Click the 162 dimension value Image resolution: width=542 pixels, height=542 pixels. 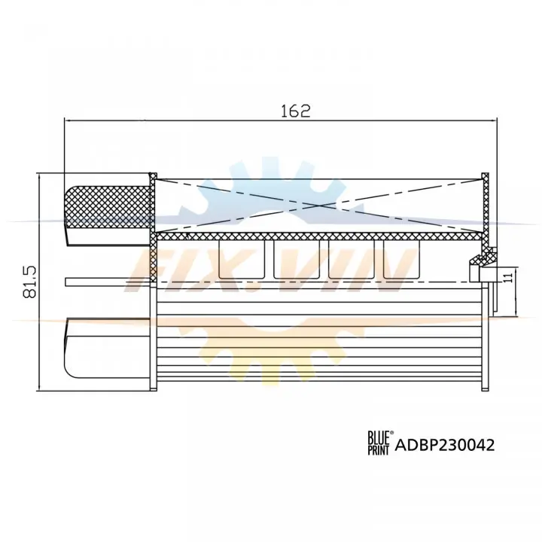point(295,111)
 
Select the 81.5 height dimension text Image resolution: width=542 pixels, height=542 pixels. point(29,282)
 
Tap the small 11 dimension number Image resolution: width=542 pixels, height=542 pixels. point(507,278)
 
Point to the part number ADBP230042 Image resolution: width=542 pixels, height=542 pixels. point(445,445)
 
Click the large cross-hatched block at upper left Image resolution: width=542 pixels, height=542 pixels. point(108,207)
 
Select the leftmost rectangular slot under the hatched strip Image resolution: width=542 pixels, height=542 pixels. point(242,259)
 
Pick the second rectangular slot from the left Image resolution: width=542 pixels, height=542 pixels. point(297,259)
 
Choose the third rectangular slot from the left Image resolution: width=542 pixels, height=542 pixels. point(352,259)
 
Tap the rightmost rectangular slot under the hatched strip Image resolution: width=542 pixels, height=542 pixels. point(401,259)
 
